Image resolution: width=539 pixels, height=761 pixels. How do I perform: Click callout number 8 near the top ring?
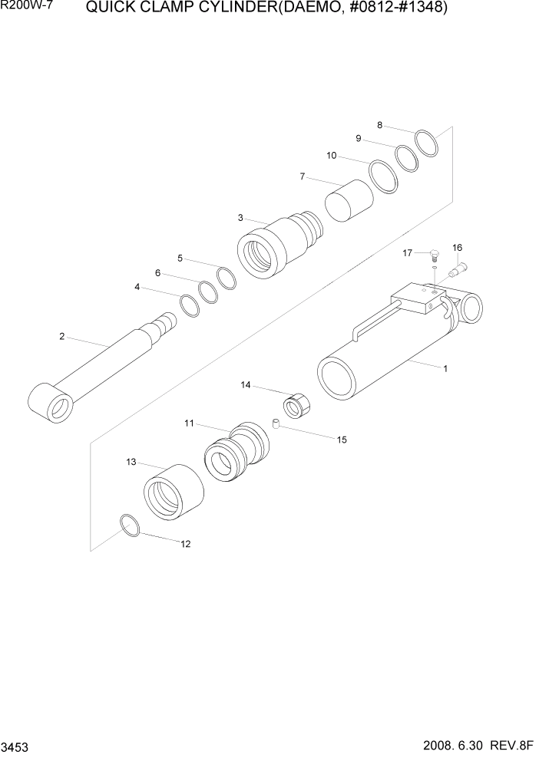click(x=379, y=124)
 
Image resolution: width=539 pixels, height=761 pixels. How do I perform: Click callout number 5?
click(x=180, y=258)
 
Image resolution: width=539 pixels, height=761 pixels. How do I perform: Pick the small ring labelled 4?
click(x=190, y=305)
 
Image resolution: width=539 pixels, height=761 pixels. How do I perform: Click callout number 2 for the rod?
click(x=61, y=336)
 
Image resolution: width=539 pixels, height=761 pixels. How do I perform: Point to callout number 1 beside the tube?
click(x=445, y=368)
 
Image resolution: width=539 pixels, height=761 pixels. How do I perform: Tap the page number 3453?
click(x=15, y=747)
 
